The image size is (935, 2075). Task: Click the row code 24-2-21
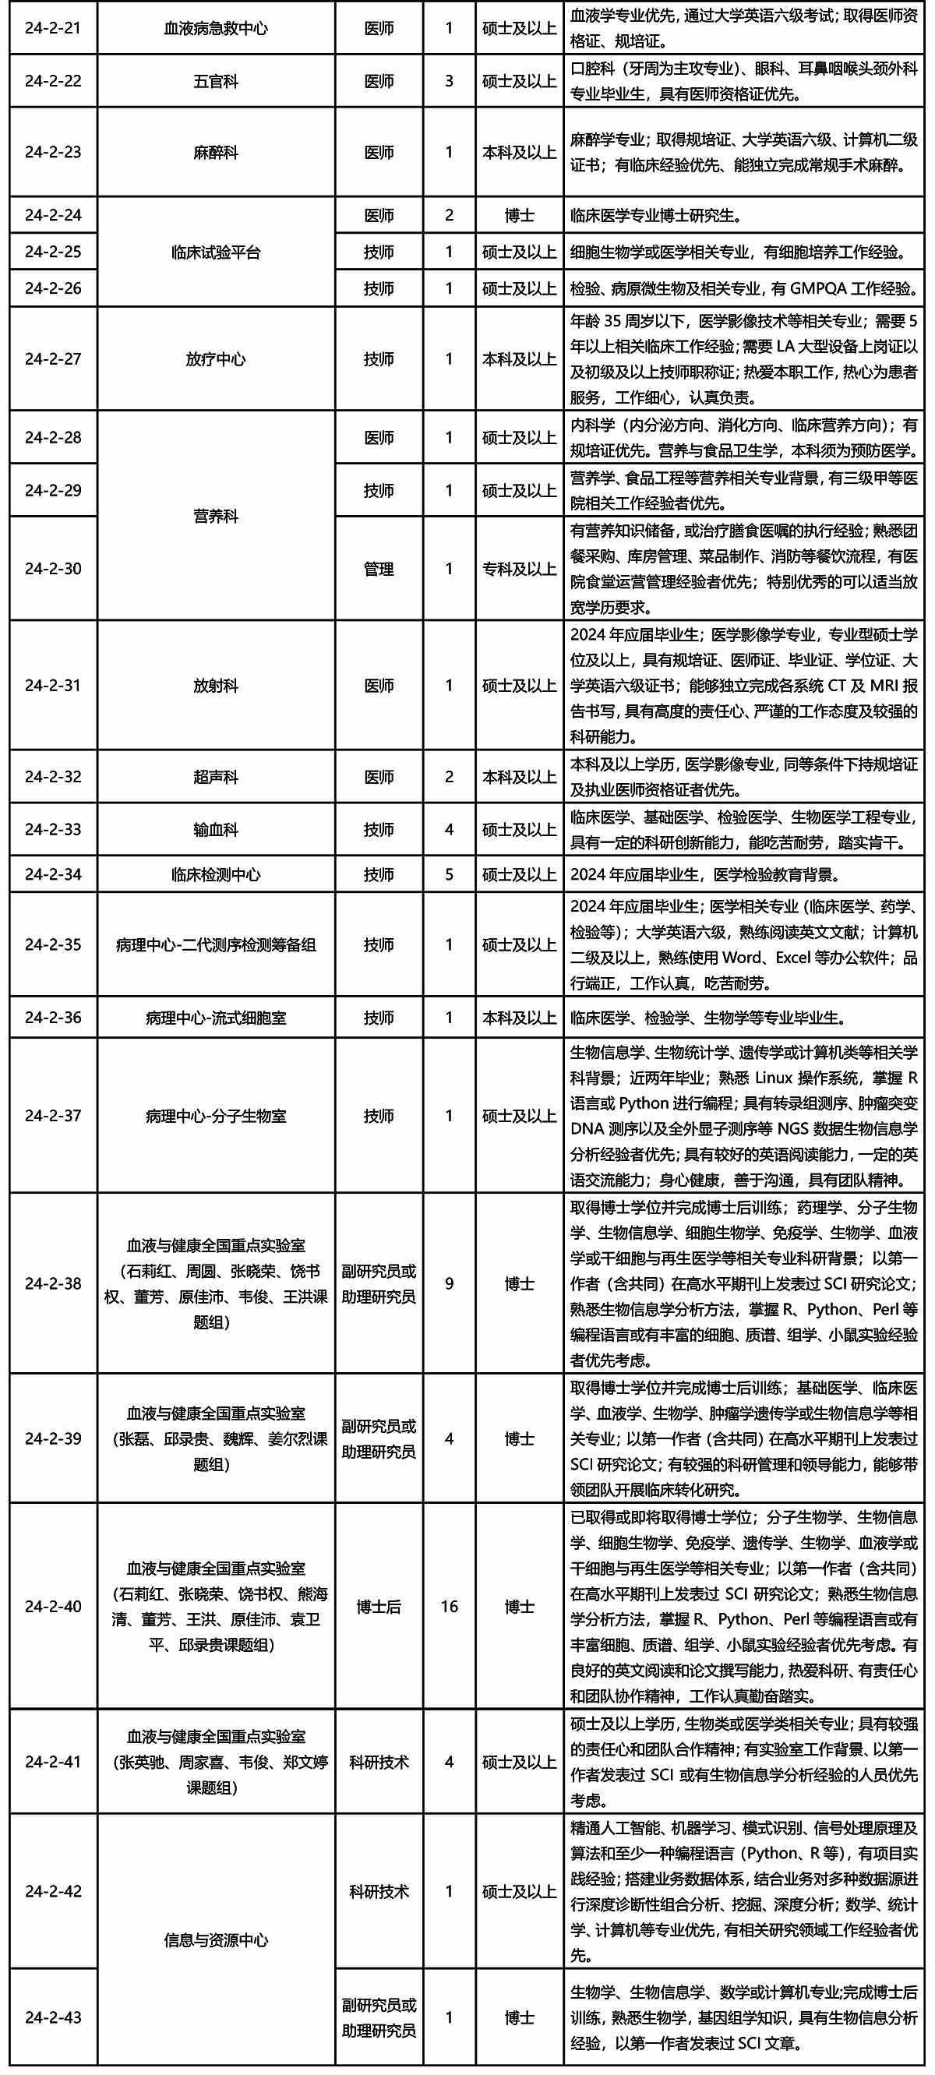[x=53, y=28]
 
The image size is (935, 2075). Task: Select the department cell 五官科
[x=216, y=81]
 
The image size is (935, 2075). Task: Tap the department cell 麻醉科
[x=216, y=152]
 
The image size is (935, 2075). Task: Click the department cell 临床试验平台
[x=216, y=252]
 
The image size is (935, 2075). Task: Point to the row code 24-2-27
[x=53, y=359]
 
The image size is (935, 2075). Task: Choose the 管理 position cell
[x=379, y=569]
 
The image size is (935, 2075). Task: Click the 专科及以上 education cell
[x=519, y=569]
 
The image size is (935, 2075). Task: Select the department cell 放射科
[x=216, y=686]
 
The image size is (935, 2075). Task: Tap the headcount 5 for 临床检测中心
[x=450, y=874]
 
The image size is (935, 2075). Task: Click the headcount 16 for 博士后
[x=450, y=1606]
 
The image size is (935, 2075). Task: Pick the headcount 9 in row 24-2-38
[x=450, y=1283]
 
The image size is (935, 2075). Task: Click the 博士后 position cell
[x=379, y=1606]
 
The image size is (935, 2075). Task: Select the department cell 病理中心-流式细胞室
[x=216, y=1018]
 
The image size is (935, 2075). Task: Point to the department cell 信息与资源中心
[x=216, y=1939]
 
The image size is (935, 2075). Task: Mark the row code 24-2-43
[x=53, y=2017]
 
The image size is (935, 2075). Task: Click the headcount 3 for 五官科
[x=450, y=81]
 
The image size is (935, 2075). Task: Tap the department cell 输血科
[x=216, y=829]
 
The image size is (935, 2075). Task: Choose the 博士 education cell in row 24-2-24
[x=519, y=215]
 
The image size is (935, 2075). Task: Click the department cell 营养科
[x=216, y=516]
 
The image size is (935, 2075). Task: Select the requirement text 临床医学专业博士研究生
[x=655, y=215]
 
